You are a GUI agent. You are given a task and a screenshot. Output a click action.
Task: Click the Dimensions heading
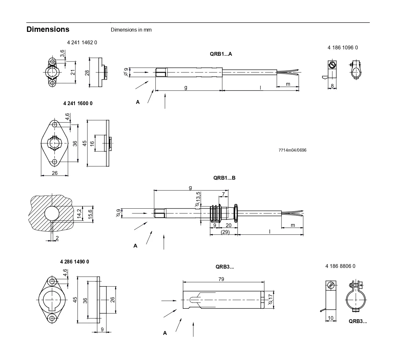click(48, 29)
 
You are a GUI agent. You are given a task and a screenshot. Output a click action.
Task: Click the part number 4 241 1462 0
click(82, 42)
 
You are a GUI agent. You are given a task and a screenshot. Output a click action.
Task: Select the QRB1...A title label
click(221, 54)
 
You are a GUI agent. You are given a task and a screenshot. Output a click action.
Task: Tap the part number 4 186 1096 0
click(342, 47)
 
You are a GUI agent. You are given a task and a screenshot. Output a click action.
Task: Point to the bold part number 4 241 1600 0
click(78, 103)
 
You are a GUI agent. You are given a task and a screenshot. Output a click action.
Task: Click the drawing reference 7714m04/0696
click(292, 150)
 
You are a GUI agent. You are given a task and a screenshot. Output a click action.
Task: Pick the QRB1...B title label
click(224, 178)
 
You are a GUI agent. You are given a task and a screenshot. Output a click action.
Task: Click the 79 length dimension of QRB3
click(221, 279)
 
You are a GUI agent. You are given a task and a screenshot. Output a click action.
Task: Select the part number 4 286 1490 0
click(75, 262)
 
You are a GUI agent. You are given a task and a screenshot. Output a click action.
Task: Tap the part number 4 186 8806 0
click(340, 266)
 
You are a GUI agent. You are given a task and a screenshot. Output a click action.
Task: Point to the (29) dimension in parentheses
click(225, 232)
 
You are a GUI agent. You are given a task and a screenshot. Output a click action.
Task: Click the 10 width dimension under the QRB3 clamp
click(331, 318)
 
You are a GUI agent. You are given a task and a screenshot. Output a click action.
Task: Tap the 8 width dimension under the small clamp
click(332, 86)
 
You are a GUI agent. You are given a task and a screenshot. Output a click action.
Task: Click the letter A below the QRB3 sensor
click(165, 333)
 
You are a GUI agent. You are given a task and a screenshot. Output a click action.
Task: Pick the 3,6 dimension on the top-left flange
click(62, 53)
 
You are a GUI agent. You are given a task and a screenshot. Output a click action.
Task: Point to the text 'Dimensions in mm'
click(131, 30)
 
